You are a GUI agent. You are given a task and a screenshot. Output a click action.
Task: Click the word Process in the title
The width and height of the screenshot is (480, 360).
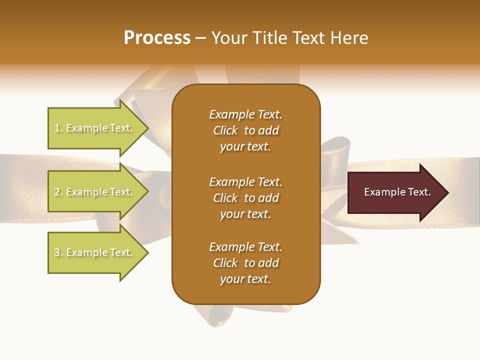tap(157, 38)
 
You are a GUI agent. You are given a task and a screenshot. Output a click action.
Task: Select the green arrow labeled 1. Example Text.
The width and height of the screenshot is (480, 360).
tap(95, 128)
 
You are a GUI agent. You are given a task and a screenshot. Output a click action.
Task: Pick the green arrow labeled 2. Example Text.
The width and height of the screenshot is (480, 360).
tap(95, 192)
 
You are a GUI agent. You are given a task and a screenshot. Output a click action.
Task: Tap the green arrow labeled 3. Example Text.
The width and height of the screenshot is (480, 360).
tap(95, 252)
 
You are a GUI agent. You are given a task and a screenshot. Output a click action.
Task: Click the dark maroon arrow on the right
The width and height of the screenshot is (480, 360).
tap(395, 192)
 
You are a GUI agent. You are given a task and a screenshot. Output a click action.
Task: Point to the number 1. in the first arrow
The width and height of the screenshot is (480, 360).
tap(58, 128)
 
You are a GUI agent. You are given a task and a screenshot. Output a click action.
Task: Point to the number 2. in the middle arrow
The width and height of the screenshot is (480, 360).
tap(58, 192)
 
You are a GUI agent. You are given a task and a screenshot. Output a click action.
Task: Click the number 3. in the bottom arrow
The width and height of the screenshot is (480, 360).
tap(58, 252)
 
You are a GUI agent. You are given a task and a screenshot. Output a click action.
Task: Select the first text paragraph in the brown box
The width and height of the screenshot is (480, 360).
tap(245, 130)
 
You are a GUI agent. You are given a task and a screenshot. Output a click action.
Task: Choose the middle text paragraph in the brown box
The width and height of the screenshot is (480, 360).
tap(245, 198)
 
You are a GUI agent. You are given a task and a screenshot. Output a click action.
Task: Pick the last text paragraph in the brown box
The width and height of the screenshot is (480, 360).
tap(245, 263)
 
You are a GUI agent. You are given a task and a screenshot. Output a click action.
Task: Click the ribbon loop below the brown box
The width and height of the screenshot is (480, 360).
tap(250, 315)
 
